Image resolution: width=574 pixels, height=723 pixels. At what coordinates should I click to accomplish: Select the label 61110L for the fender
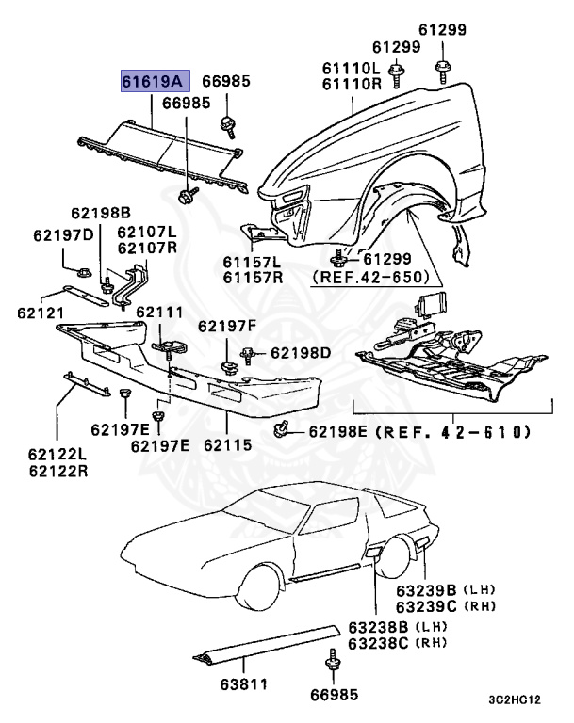click(x=351, y=68)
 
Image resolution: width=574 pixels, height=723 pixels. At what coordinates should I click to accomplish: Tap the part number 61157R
click(x=252, y=277)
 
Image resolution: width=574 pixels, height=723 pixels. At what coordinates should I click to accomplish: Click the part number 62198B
click(x=100, y=213)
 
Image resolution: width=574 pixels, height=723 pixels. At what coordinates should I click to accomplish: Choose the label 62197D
click(x=63, y=234)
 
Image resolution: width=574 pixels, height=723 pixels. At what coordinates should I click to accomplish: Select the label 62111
click(x=159, y=311)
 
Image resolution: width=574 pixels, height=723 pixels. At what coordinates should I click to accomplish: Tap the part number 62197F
click(x=226, y=326)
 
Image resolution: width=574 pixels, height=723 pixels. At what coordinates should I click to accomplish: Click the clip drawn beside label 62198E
click(x=280, y=431)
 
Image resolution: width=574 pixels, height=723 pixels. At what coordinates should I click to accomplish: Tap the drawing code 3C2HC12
click(x=515, y=700)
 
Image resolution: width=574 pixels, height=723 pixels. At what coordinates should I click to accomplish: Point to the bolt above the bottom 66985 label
click(x=332, y=659)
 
